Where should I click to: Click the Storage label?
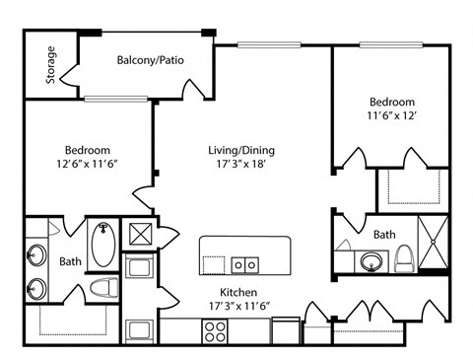(x=51, y=65)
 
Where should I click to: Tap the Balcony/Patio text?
(x=151, y=60)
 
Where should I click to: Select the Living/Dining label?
(x=241, y=150)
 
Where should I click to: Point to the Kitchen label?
(x=238, y=292)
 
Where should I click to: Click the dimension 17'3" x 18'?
(x=241, y=164)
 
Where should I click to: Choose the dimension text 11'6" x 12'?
(x=392, y=115)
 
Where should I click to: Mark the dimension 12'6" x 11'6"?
(x=88, y=164)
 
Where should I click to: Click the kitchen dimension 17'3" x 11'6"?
(x=239, y=306)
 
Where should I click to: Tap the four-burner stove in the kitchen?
(x=215, y=331)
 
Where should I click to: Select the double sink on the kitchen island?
(x=245, y=265)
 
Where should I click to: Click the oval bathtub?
(x=103, y=245)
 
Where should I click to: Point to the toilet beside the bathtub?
(x=104, y=288)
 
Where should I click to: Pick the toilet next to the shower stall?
(x=405, y=258)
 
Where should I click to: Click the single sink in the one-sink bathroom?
(x=372, y=262)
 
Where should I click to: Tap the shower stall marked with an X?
(x=434, y=242)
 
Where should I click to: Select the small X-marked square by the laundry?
(x=141, y=234)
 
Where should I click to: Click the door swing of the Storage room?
(x=68, y=75)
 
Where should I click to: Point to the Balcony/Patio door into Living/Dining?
(x=194, y=89)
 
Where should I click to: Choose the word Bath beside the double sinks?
(x=70, y=261)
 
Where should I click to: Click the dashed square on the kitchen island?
(x=214, y=265)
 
